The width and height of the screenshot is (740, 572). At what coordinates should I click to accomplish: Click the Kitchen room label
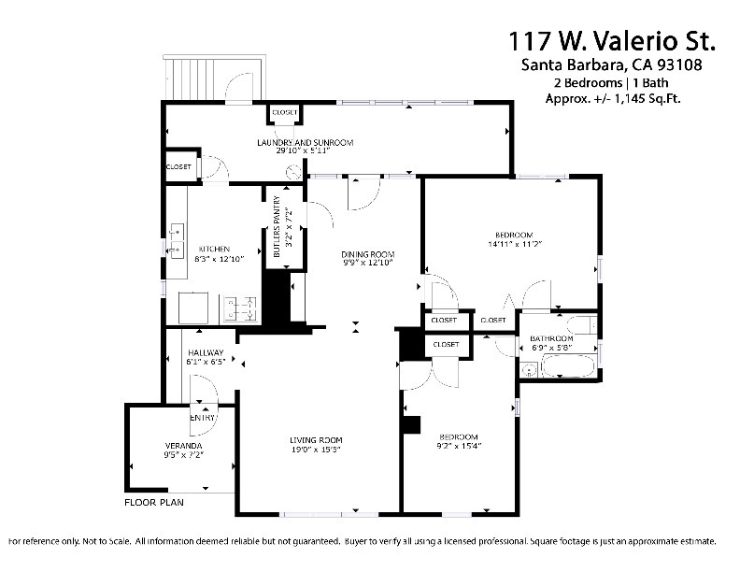pyautogui.click(x=214, y=249)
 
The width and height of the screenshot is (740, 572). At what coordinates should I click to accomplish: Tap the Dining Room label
pyautogui.click(x=367, y=254)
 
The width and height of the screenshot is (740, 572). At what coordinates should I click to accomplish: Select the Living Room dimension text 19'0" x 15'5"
pyautogui.click(x=316, y=450)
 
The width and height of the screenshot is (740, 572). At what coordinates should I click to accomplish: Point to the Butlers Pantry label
pyautogui.click(x=277, y=226)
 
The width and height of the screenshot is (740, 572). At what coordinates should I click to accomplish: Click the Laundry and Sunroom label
pyautogui.click(x=305, y=142)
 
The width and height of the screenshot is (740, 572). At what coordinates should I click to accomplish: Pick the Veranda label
pyautogui.click(x=183, y=446)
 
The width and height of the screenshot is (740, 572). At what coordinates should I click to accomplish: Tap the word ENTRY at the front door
pyautogui.click(x=203, y=418)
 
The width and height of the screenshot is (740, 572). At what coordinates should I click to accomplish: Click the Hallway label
pyautogui.click(x=206, y=352)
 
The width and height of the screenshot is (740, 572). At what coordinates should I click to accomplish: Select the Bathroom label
pyautogui.click(x=551, y=338)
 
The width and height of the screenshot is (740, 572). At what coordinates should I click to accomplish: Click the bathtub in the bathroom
pyautogui.click(x=568, y=366)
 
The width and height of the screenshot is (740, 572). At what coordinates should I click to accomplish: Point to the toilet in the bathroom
pyautogui.click(x=582, y=324)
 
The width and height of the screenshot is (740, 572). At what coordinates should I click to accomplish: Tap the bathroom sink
pyautogui.click(x=530, y=369)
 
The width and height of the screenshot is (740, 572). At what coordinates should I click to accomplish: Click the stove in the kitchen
pyautogui.click(x=240, y=309)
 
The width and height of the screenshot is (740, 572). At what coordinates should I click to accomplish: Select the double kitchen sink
pyautogui.click(x=177, y=241)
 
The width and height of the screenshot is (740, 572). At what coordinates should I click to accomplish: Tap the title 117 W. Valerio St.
pyautogui.click(x=612, y=40)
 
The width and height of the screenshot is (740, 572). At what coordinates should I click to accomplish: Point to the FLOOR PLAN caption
pyautogui.click(x=154, y=502)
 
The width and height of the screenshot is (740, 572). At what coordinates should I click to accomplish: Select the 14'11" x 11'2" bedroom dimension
pyautogui.click(x=514, y=244)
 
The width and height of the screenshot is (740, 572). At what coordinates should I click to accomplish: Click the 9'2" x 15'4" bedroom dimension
pyautogui.click(x=459, y=446)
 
